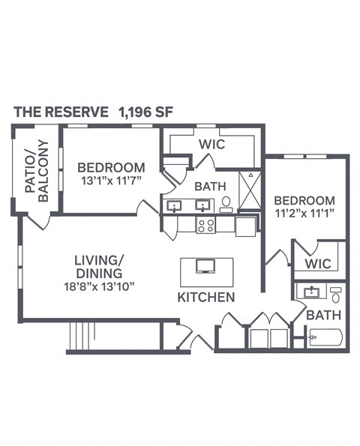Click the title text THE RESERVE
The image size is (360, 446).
(61, 112)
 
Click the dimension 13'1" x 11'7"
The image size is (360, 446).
(110, 181)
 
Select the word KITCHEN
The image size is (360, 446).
(206, 298)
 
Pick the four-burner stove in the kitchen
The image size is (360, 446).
(205, 225)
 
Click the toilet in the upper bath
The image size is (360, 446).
(226, 203)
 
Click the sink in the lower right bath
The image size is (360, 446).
(310, 292)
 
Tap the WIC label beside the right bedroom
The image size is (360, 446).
(318, 265)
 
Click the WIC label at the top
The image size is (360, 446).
(213, 143)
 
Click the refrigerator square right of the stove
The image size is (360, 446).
(246, 226)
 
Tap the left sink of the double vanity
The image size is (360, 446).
(175, 205)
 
